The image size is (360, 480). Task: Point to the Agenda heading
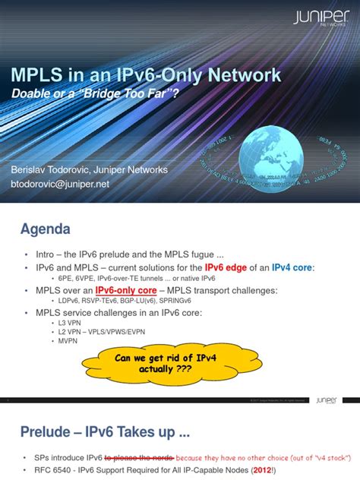(x=45, y=229)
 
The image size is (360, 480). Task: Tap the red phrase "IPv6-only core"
(x=124, y=290)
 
